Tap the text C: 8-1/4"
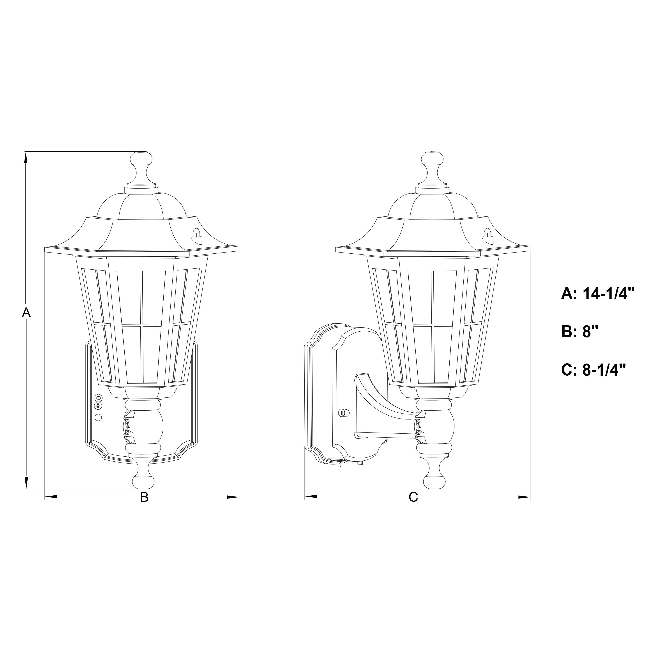click(593, 370)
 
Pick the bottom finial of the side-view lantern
click(434, 476)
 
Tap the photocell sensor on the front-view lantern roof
click(196, 234)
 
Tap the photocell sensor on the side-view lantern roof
click(487, 234)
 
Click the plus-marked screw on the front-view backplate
click(98, 406)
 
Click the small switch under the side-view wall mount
click(340, 463)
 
